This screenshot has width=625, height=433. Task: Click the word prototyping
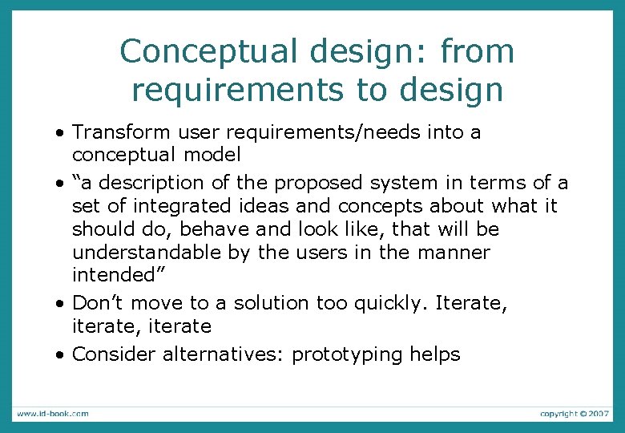(346, 354)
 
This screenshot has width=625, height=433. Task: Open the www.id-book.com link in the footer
(53, 414)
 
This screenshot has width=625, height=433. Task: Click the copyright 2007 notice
(574, 414)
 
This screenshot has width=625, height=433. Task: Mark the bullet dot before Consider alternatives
(61, 355)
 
